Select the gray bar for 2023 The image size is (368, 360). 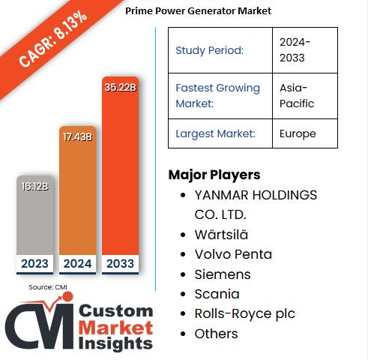click(34, 217)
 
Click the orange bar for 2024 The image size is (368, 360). click(77, 195)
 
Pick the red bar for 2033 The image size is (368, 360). click(120, 172)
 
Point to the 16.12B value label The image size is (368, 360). click(34, 185)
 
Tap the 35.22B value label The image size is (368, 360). click(120, 87)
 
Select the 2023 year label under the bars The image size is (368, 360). click(34, 264)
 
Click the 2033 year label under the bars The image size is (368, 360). click(120, 264)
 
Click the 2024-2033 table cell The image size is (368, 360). click(295, 50)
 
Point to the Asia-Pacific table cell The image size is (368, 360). click(298, 95)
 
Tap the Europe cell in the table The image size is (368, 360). click(297, 133)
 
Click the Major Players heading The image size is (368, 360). click(214, 175)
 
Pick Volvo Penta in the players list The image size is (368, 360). click(233, 254)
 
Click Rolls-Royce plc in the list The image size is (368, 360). click(244, 313)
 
